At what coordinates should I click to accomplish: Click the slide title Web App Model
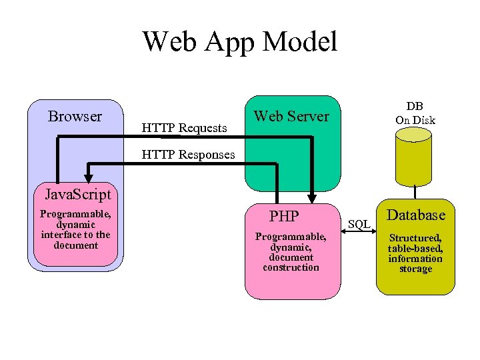240,41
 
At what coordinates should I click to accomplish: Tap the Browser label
75,117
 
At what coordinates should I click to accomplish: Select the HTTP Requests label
185,127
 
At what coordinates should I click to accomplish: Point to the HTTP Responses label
189,155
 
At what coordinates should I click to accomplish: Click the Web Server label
291,116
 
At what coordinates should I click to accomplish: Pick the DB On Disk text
415,113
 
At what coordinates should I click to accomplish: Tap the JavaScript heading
77,195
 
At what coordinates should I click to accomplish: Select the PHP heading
283,216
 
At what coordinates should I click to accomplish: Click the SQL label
359,225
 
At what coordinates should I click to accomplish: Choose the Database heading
416,215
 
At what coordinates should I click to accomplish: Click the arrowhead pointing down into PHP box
311,197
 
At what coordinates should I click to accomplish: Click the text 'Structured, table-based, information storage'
415,253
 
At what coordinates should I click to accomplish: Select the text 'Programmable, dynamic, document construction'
291,252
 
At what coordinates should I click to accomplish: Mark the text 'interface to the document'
75,240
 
